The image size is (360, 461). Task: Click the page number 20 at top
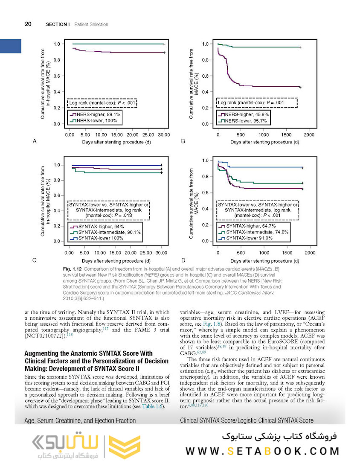(x=28, y=24)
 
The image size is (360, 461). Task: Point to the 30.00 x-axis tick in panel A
(x=164, y=135)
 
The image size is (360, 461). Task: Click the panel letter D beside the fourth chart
(x=183, y=260)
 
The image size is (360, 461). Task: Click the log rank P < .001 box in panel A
(x=102, y=103)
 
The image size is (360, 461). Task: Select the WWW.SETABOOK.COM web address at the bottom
(x=262, y=450)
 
